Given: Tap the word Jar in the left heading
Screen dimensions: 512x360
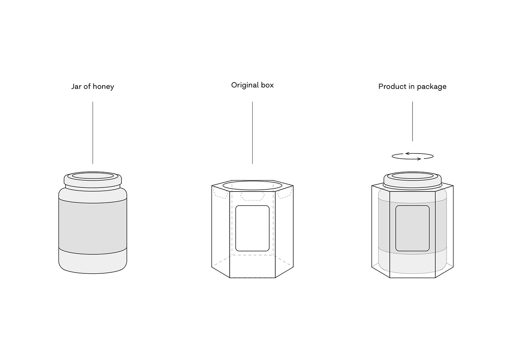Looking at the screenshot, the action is [x=76, y=86].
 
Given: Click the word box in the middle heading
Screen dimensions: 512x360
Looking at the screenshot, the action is [x=267, y=85].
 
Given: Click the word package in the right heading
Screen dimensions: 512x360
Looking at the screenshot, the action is [x=432, y=87].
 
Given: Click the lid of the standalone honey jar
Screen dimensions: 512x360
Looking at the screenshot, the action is [x=93, y=179].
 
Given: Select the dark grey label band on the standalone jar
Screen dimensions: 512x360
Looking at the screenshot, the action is [x=93, y=226].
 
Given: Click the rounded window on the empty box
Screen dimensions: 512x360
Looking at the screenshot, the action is [x=252, y=228].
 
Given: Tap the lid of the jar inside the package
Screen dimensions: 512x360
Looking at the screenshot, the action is [x=413, y=179].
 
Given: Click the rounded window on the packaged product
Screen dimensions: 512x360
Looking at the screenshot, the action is [x=413, y=228].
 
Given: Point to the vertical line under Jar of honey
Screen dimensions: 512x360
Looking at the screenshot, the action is [x=93, y=133].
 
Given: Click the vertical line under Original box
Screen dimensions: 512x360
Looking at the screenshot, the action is [x=252, y=133].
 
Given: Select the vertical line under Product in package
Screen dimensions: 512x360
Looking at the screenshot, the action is [x=413, y=121].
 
